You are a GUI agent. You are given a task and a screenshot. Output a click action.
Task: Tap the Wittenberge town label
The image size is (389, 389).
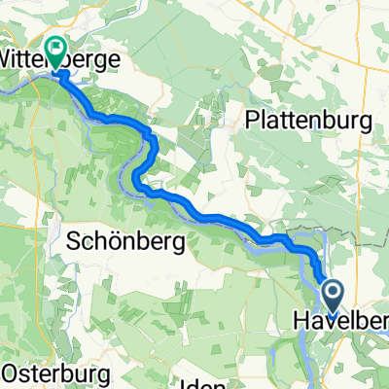[x=58, y=59]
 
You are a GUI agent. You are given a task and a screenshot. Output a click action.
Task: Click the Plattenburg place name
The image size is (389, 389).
[x=310, y=122]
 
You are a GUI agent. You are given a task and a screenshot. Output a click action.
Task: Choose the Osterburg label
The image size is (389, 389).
[x=49, y=373]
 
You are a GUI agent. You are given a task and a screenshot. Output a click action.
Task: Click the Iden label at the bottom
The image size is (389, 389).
[x=199, y=382]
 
